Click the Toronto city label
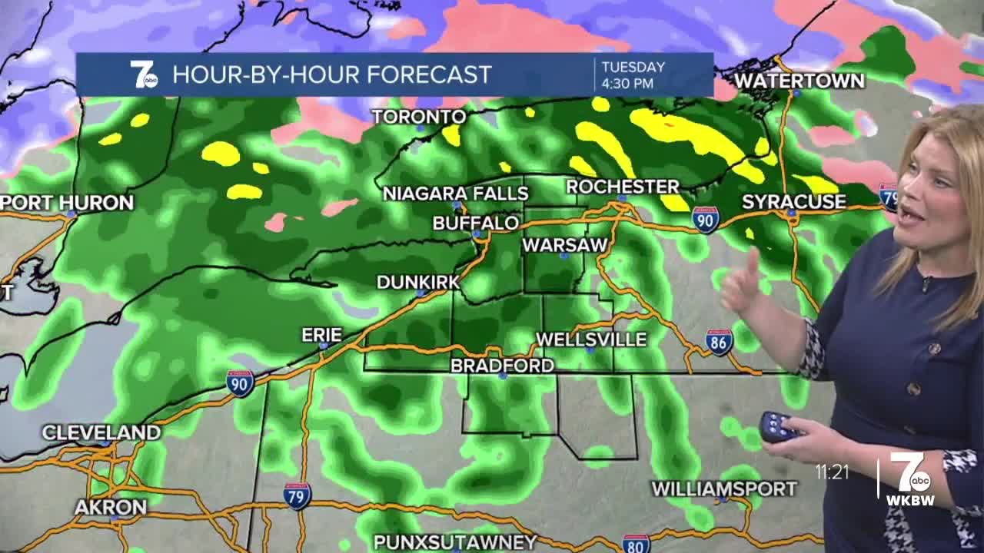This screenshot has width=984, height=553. coord(419,117)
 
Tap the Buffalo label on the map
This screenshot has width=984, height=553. coord(475,224)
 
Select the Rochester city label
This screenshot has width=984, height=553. coord(623,187)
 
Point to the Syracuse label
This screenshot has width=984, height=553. coord(793,202)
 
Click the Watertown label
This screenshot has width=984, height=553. coord(799,81)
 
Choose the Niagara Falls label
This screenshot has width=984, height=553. coord(456,193)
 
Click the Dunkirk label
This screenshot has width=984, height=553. coord(417,282)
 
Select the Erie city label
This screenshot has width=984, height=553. coord(321,335)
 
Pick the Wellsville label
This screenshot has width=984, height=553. coord(590,339)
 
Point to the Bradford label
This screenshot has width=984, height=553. coord(502,366)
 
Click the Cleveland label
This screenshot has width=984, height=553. coord(101,432)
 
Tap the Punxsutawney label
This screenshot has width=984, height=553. coord(455,542)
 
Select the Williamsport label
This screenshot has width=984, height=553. coord(724,488)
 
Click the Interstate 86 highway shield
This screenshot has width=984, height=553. coord(719,341)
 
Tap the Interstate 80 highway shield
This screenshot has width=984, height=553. coord(636,545)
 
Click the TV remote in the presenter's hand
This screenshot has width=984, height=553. coord(777,426)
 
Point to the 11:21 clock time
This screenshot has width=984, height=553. coord(832,472)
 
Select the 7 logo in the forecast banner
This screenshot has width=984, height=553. coord(143,75)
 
